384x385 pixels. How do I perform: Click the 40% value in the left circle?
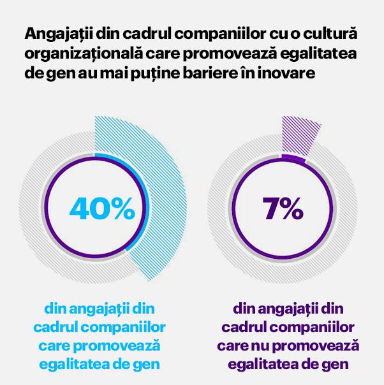(102, 208)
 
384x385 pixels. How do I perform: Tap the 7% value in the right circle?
(283, 208)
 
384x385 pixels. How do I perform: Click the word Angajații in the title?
(59, 34)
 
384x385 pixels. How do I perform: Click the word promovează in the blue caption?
(117, 346)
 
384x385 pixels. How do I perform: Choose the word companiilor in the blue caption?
(123, 328)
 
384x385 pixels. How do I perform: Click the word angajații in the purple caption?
(288, 310)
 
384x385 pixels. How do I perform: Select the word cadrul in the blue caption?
(55, 327)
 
